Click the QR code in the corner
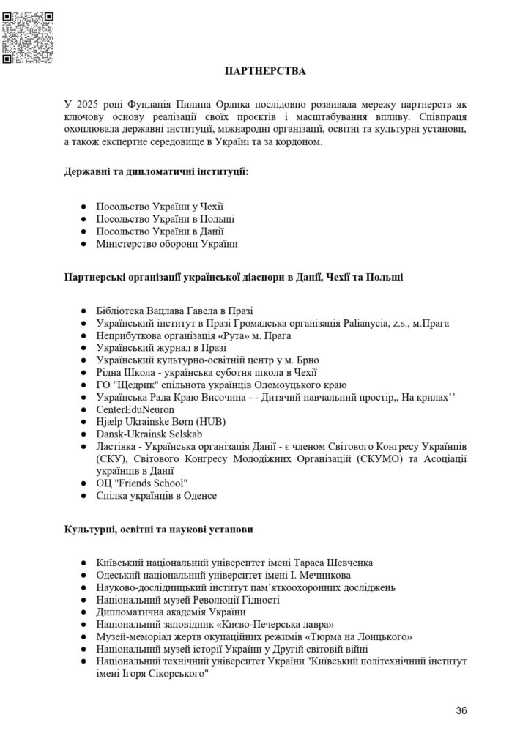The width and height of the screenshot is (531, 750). (29, 37)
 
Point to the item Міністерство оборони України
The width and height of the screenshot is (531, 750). (168, 243)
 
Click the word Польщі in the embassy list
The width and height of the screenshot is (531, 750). (219, 218)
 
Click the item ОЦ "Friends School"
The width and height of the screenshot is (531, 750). (142, 483)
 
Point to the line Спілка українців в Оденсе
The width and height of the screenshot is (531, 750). (157, 496)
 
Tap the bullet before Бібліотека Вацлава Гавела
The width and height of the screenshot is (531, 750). (84, 311)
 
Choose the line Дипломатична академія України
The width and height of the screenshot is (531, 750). (171, 612)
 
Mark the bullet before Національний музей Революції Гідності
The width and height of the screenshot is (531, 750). (84, 600)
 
